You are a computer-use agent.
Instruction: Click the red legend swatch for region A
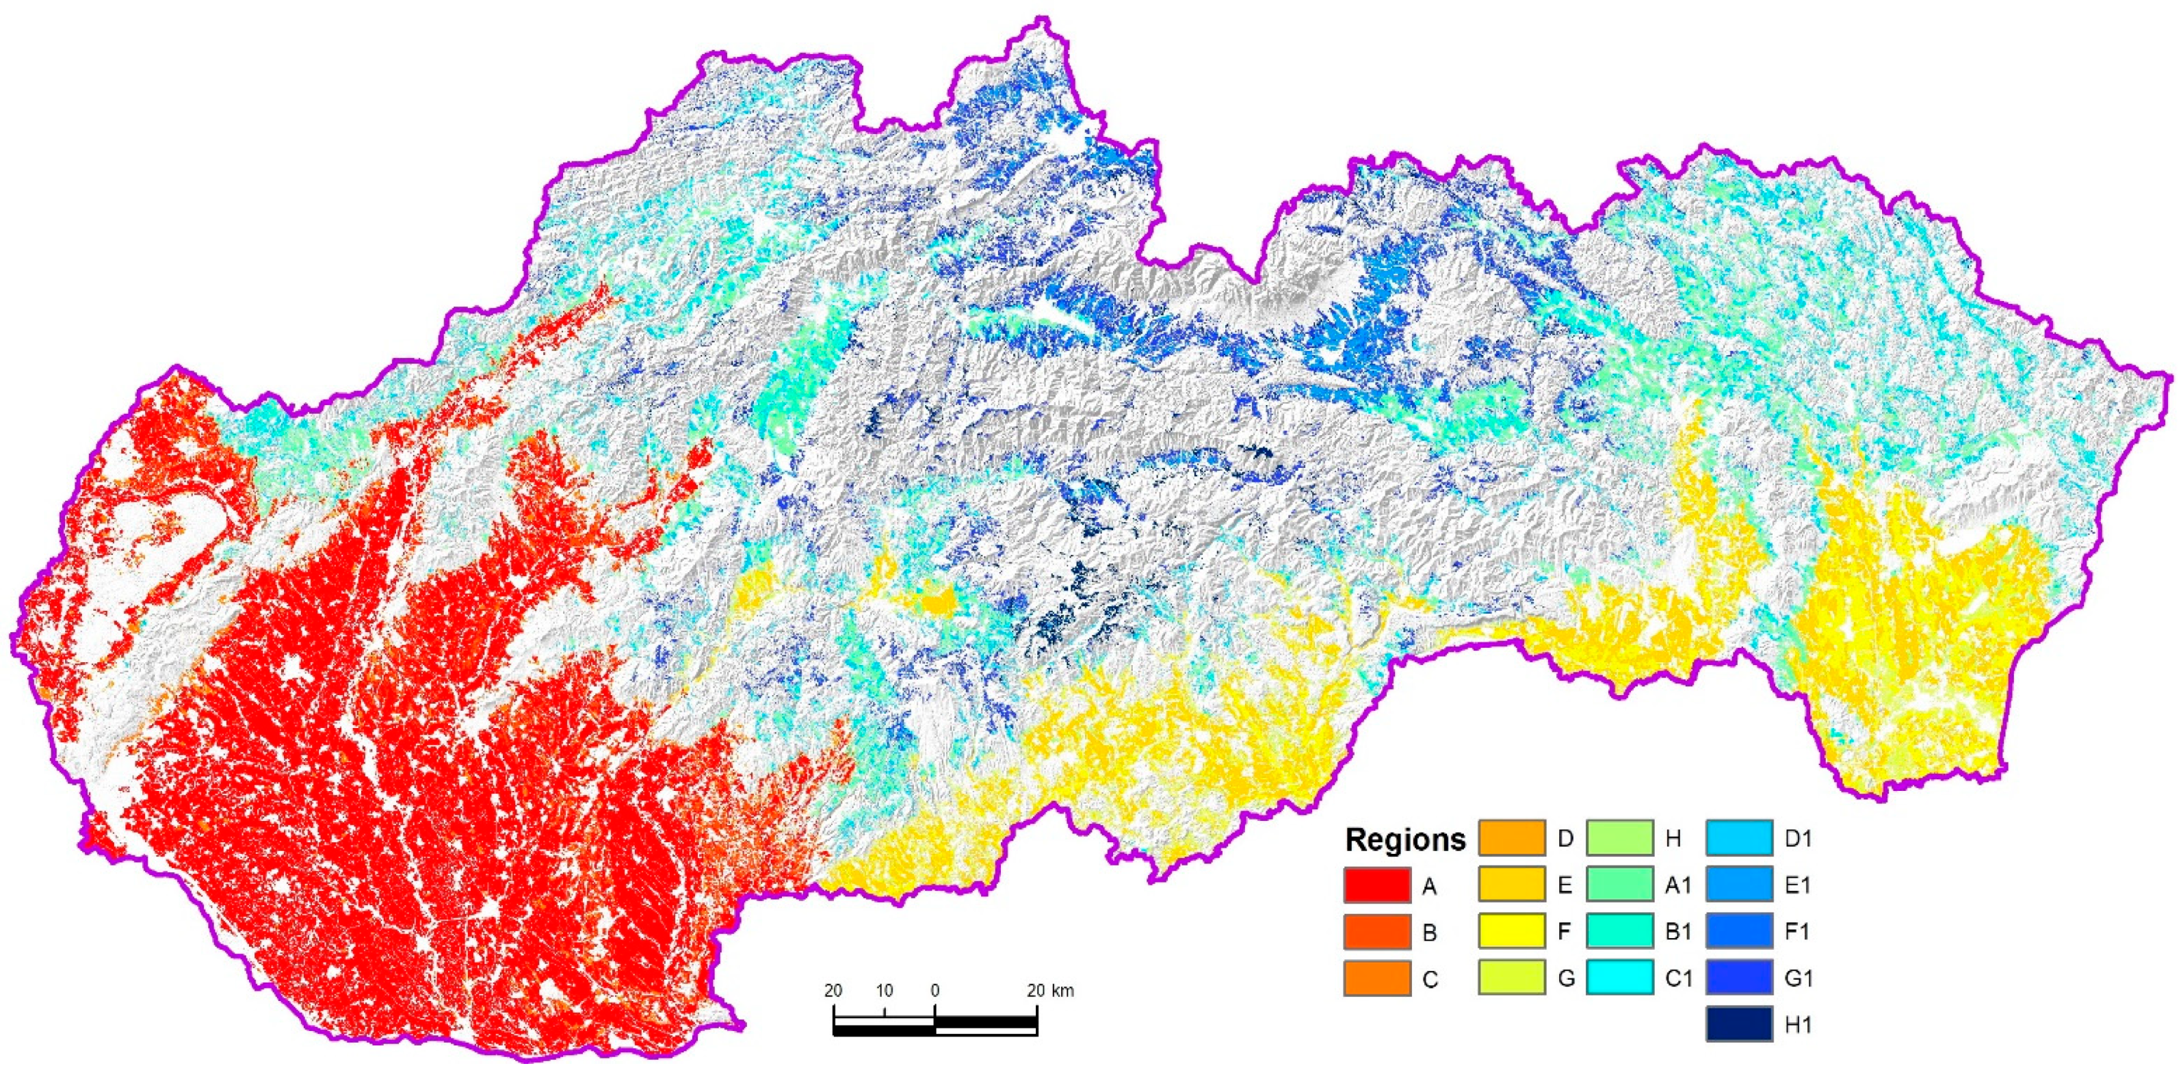click(x=1377, y=885)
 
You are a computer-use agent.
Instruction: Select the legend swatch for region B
click(x=1377, y=932)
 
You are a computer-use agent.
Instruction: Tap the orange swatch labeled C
click(x=1377, y=978)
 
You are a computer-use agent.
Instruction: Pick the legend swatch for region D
click(x=1512, y=837)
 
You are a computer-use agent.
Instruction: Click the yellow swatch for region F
click(x=1512, y=931)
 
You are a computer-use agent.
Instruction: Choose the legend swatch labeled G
click(x=1512, y=978)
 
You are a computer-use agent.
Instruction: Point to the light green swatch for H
click(x=1619, y=837)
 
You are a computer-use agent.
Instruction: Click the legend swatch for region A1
click(x=1619, y=885)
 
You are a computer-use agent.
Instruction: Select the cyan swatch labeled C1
click(x=1619, y=978)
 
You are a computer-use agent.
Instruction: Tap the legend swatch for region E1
click(x=1739, y=885)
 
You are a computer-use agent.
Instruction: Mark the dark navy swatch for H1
click(x=1739, y=1024)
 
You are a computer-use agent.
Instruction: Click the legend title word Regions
click(x=1405, y=840)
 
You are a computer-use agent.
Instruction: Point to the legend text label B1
click(x=1678, y=932)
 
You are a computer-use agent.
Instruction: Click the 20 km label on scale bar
click(x=1050, y=990)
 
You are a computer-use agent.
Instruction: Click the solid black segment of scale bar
click(x=986, y=1021)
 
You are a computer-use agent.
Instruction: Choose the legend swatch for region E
click(x=1512, y=885)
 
